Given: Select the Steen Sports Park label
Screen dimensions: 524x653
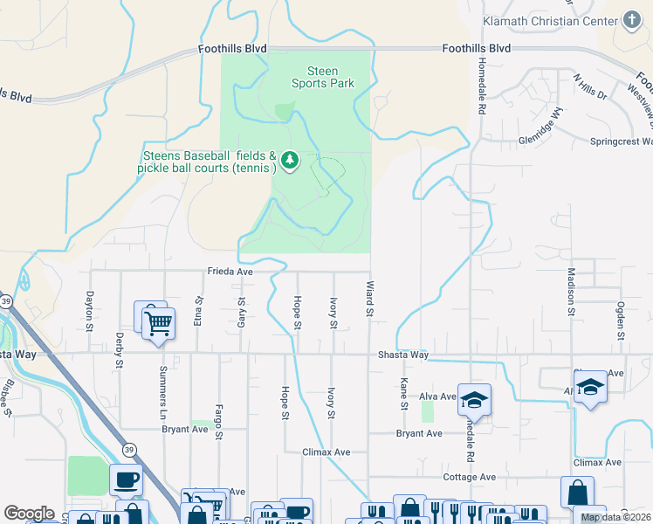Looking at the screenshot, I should click(x=323, y=77).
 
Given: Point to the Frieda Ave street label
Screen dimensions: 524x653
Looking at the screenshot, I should click(x=230, y=272).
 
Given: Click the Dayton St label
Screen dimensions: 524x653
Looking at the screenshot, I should click(x=89, y=311).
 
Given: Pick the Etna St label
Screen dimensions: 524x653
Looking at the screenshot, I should click(x=199, y=311).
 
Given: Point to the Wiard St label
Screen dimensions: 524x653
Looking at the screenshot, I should click(x=369, y=299).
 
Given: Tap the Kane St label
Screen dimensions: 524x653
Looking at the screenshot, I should click(x=404, y=394).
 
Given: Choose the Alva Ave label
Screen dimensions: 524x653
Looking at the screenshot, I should click(x=438, y=396).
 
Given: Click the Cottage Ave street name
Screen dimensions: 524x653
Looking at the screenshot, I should click(x=470, y=477).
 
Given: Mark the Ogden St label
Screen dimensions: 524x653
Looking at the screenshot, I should click(x=621, y=321).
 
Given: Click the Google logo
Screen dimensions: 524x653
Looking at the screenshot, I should click(x=29, y=514).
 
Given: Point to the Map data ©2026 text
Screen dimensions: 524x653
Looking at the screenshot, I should click(x=615, y=518).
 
